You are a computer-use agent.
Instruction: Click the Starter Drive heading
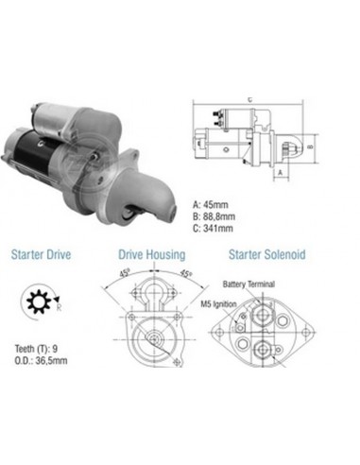coord(41,254)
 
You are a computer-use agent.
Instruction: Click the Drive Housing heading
coord(152,254)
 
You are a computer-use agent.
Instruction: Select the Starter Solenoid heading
coord(267,254)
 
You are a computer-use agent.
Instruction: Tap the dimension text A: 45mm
coord(210,205)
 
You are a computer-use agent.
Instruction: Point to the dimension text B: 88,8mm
coord(214,216)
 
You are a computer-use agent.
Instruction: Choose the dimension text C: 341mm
coord(213,228)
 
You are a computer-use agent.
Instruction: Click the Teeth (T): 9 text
coord(36,349)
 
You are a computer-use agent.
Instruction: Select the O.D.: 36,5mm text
coord(41,360)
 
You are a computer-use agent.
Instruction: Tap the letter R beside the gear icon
coord(59,307)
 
